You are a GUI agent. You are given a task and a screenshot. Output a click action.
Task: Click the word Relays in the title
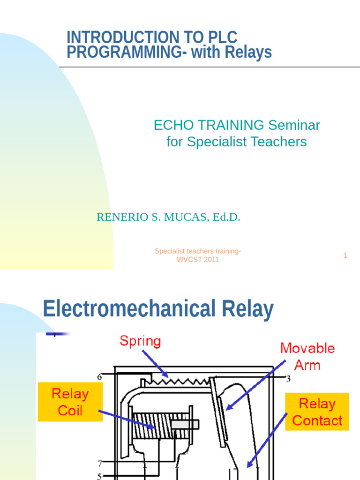pyautogui.click(x=248, y=52)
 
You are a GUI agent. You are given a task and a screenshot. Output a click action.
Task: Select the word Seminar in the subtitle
pyautogui.click(x=294, y=125)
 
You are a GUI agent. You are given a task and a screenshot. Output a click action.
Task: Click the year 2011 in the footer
pyautogui.click(x=210, y=260)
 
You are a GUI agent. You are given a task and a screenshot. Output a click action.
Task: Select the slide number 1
pyautogui.click(x=345, y=255)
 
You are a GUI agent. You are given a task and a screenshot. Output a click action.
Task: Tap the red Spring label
pyautogui.click(x=140, y=341)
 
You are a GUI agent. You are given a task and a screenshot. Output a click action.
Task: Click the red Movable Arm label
pyautogui.click(x=307, y=356)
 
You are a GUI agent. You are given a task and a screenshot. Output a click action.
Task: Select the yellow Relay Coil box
pyautogui.click(x=70, y=402)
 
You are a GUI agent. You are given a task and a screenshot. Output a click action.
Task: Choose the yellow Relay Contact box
pyautogui.click(x=317, y=412)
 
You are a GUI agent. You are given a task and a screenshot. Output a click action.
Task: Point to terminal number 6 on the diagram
pyautogui.click(x=99, y=377)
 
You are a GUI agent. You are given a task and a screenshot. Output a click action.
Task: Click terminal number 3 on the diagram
pyautogui.click(x=288, y=379)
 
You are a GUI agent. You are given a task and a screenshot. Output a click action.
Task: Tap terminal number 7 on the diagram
pyautogui.click(x=100, y=464)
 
